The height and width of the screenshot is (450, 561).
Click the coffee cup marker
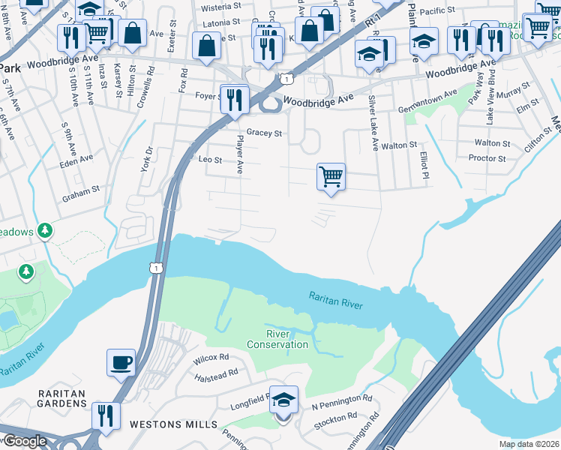121,364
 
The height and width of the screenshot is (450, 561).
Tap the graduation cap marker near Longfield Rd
283,400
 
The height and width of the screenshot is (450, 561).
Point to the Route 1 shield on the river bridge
156,268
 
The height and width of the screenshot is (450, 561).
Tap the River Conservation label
277,339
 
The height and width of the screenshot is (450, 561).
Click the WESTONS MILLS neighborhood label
167,424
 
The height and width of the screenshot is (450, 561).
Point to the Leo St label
210,160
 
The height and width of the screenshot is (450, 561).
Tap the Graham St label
82,190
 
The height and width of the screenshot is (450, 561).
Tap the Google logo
24,441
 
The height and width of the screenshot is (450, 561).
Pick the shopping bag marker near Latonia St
206,46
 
